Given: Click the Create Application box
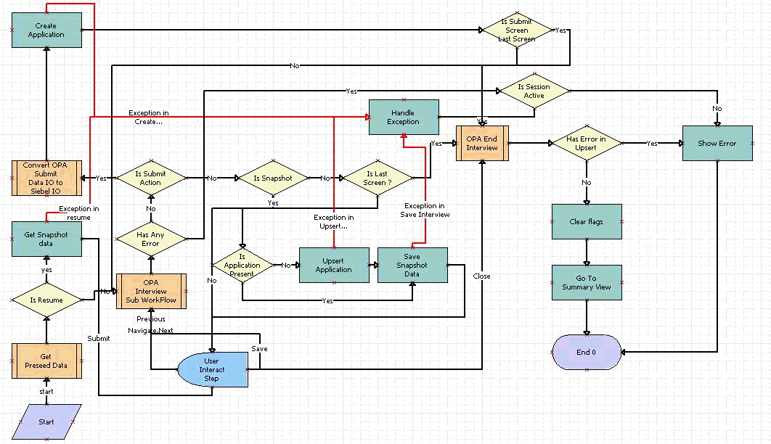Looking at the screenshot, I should click(46, 30).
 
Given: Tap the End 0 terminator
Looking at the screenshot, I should click(586, 353).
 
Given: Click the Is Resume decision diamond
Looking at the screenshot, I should click(46, 300).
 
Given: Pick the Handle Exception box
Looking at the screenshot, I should click(404, 118).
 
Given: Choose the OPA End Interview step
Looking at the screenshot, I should click(481, 143).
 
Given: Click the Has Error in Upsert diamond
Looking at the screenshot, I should click(586, 143).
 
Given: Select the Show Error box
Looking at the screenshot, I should click(717, 143).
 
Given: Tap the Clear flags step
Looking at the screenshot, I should click(586, 221).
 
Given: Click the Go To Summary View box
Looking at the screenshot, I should click(586, 282).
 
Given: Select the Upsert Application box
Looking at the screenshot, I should click(333, 265).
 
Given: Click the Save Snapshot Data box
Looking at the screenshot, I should click(412, 265).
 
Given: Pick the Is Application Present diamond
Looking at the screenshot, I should click(242, 265).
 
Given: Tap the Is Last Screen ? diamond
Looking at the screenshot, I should click(378, 178).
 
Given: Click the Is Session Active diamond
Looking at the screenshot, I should click(534, 91).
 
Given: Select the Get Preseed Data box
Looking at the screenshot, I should click(46, 361).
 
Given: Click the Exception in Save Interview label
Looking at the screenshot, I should click(426, 210).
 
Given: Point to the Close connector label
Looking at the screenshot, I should click(481, 276).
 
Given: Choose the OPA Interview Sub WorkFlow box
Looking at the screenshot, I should click(151, 291).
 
